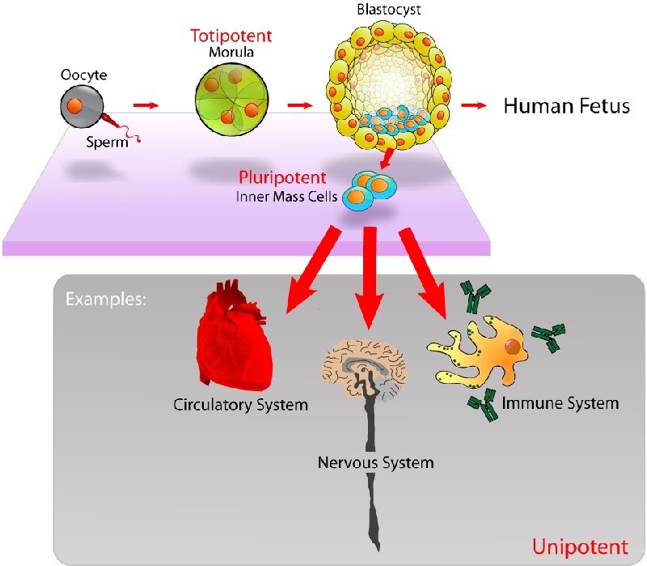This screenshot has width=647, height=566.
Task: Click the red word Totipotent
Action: point(231,36)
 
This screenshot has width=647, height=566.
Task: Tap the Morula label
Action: point(231,52)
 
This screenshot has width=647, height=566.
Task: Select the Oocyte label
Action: point(84,75)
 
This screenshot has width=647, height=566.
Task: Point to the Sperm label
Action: point(108,143)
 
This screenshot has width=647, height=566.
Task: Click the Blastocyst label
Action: point(389,10)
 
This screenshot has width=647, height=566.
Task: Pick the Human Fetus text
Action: point(567,106)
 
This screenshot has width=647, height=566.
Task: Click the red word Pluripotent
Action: point(282,178)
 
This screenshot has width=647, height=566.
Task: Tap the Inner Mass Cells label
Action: point(287,197)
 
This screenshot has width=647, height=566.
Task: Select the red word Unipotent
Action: point(580,547)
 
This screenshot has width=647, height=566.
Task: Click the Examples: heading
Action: point(106,299)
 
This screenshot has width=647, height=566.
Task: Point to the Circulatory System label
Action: point(240,405)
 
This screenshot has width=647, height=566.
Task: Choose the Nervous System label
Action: point(375,462)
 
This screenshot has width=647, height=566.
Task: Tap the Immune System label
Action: point(560,403)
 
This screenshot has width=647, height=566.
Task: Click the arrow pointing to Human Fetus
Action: point(474,106)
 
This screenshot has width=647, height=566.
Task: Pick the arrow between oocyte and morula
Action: point(146,106)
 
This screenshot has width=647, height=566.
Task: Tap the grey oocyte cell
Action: point(82,106)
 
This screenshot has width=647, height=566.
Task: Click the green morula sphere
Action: point(231,100)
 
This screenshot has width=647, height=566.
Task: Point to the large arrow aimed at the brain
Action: point(370,278)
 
